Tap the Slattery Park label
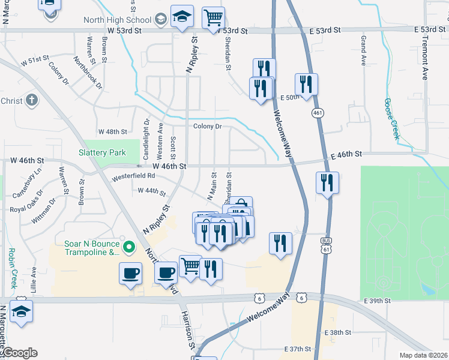(102, 152)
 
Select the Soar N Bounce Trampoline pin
(128, 247)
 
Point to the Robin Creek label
(11, 268)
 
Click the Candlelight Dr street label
(146, 134)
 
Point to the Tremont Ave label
(424, 57)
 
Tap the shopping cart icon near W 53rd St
(213, 18)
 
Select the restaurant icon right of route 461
(328, 182)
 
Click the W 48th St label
(113, 131)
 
